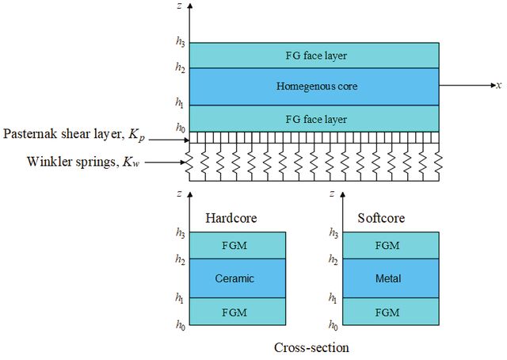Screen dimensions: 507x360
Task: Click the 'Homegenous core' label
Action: pyautogui.click(x=317, y=86)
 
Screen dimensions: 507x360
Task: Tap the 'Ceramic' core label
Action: pyautogui.click(x=234, y=278)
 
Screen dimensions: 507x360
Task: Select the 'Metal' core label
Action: pyautogui.click(x=388, y=278)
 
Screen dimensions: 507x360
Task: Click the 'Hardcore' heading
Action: pyautogui.click(x=231, y=218)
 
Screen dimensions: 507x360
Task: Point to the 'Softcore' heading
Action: pyautogui.click(x=381, y=218)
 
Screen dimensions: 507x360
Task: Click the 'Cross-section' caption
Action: pyautogui.click(x=311, y=347)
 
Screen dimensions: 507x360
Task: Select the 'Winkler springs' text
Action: pyautogui.click(x=71, y=161)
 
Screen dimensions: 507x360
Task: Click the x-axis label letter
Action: pyautogui.click(x=499, y=86)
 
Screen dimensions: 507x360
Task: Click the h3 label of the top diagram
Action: pyautogui.click(x=180, y=42)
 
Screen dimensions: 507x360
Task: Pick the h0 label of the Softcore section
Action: pyautogui.click(x=334, y=324)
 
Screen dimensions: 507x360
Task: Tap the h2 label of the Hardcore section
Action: pyautogui.click(x=180, y=259)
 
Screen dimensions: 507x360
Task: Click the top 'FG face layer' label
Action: pyautogui.click(x=316, y=56)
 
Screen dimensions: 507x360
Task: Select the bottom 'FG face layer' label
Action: pyautogui.click(x=316, y=120)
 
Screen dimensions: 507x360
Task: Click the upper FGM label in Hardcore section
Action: pyautogui.click(x=234, y=245)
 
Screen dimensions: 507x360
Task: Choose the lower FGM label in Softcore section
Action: pyautogui.click(x=387, y=312)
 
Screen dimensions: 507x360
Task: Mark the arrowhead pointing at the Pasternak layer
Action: pyautogui.click(x=186, y=140)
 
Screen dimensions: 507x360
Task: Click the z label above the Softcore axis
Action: pyautogui.click(x=332, y=194)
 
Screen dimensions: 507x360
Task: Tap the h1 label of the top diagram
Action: pyautogui.click(x=180, y=103)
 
